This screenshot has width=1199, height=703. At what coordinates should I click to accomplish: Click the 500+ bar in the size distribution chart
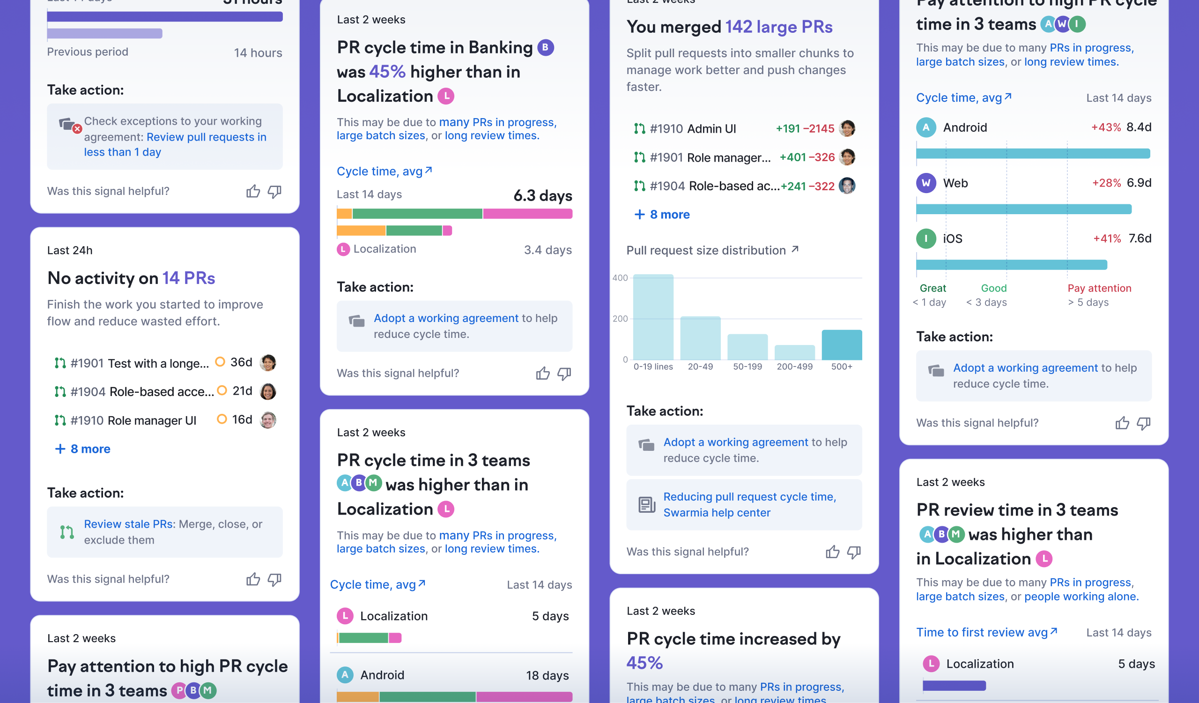coord(841,344)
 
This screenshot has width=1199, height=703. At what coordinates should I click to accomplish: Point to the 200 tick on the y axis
coord(620,318)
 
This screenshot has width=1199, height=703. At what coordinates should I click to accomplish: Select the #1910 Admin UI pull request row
coord(692,128)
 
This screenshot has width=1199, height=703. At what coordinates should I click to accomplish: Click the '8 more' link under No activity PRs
coord(84,449)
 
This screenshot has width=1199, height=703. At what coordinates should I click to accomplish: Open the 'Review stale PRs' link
coord(128,524)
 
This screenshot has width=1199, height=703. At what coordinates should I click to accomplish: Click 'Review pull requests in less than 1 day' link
coord(175,144)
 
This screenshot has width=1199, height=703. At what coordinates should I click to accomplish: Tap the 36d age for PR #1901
coord(241,363)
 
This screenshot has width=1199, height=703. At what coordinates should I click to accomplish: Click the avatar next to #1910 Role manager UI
coord(268,420)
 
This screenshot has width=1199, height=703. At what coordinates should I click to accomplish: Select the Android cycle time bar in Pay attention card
coord(1032,153)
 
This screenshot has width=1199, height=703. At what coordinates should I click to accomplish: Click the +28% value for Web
coord(1106,183)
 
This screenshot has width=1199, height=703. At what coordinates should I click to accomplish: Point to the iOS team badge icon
coord(925,239)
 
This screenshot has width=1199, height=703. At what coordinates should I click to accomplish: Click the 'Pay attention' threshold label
coord(1099,288)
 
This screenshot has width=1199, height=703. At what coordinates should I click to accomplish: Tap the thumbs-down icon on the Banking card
coord(564,374)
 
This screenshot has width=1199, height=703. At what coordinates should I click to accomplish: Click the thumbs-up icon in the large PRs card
coord(832,552)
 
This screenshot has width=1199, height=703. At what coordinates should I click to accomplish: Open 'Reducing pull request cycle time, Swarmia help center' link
coord(749,505)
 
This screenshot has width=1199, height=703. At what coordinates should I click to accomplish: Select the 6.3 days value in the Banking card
coord(542,195)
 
